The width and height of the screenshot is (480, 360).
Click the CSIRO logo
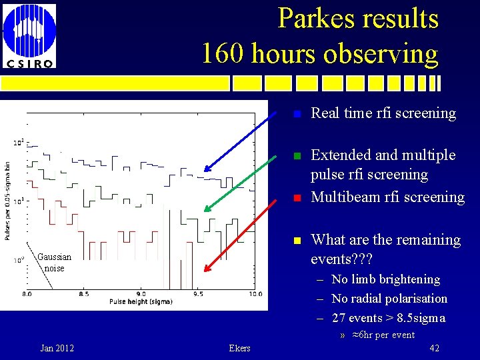pos(29,37)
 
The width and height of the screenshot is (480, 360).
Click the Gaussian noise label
pos(54,262)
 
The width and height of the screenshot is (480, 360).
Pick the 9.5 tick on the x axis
pos(197,293)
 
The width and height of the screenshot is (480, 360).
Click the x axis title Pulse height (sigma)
pos(141,302)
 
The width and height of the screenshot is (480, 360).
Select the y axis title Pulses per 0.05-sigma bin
pos(7,201)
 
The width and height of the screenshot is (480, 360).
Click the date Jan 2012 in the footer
pos(57,348)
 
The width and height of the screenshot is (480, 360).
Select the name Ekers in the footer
pos(239,348)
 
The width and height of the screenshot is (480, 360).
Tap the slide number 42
pos(434,348)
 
